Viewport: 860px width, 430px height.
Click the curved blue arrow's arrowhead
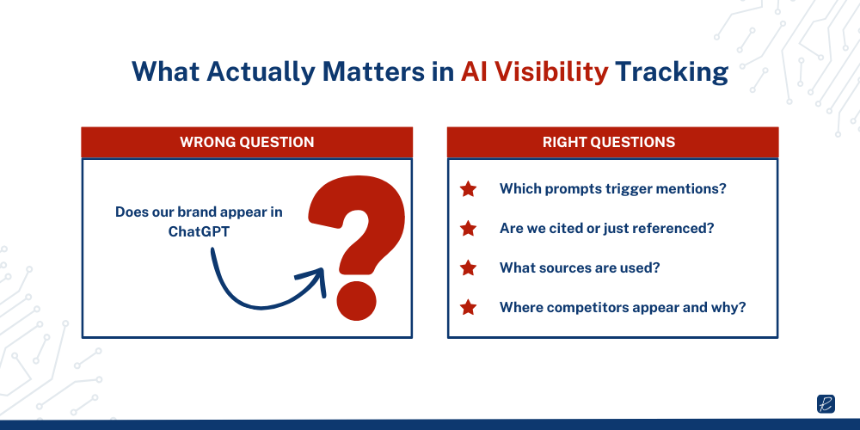pyautogui.click(x=315, y=279)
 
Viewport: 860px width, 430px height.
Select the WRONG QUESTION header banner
pyautogui.click(x=247, y=142)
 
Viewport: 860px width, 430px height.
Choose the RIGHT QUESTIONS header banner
pyautogui.click(x=612, y=142)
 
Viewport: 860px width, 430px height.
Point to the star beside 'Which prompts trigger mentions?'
pyautogui.click(x=468, y=189)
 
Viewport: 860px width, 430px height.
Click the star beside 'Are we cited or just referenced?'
pyautogui.click(x=468, y=229)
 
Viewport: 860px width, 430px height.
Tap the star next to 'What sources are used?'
pyautogui.click(x=468, y=267)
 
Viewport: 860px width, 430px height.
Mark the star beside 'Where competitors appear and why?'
pyautogui.click(x=468, y=306)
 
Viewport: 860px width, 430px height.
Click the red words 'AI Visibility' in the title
pyautogui.click(x=534, y=72)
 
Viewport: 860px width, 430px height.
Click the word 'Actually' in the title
pyautogui.click(x=264, y=72)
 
